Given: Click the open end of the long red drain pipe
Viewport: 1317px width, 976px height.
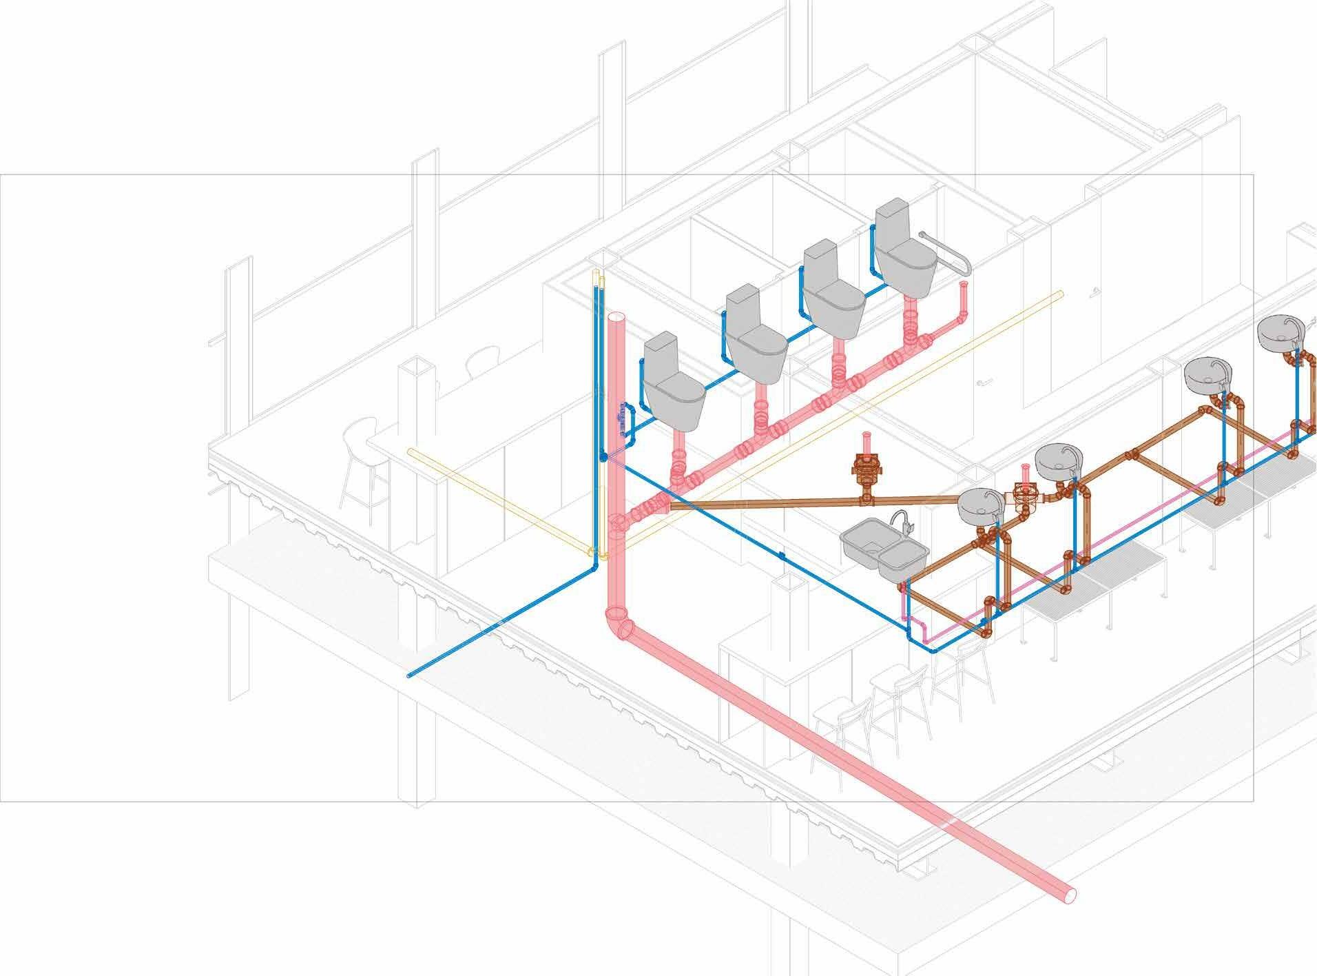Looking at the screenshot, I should (x=1067, y=895).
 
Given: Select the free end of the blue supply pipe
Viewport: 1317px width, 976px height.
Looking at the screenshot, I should (x=411, y=675).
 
